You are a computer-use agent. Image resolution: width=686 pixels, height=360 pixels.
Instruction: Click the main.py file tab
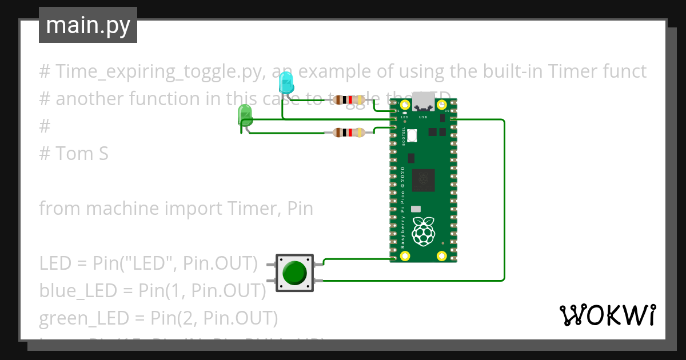(87, 25)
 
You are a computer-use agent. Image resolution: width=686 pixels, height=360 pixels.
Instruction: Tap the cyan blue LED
(285, 84)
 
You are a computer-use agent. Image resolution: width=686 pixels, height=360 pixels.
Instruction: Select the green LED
(245, 115)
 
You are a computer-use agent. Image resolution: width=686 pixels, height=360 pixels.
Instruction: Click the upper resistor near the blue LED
(346, 101)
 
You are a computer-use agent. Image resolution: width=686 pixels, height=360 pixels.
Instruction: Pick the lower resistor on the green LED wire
(348, 133)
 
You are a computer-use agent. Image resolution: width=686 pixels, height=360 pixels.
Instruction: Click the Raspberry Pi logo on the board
(424, 231)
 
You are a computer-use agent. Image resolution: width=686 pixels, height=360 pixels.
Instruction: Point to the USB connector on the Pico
(424, 103)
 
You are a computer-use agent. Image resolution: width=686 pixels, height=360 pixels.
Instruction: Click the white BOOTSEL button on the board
(413, 136)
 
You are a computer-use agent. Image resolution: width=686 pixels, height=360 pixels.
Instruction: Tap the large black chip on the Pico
(424, 181)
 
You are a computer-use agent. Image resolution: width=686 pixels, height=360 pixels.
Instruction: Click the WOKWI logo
(607, 315)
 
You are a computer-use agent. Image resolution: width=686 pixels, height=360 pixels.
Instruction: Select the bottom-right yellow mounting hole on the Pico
(441, 256)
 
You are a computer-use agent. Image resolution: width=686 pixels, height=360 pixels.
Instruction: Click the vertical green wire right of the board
(504, 200)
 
